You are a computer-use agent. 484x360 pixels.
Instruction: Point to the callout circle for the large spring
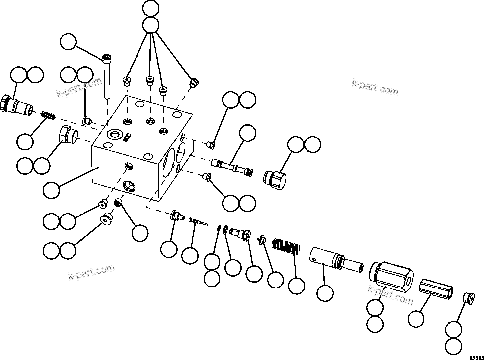click(x=297, y=285)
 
